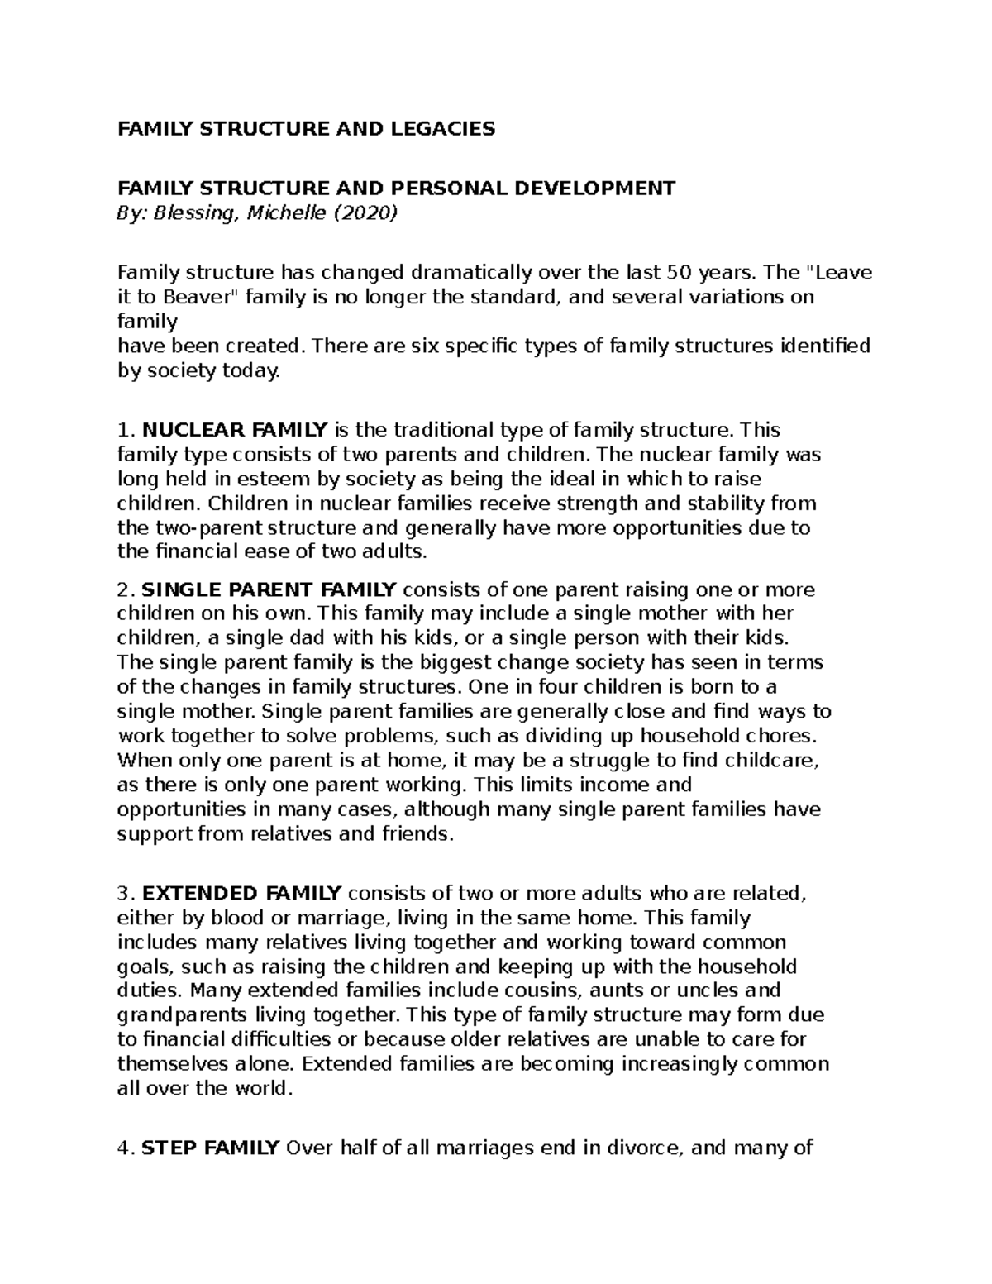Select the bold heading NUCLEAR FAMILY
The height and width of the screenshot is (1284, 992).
pyautogui.click(x=235, y=430)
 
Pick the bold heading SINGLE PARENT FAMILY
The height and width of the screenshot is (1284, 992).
pyautogui.click(x=269, y=590)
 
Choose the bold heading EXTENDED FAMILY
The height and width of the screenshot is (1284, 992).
pyautogui.click(x=241, y=894)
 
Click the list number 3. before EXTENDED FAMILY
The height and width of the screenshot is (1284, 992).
pyautogui.click(x=126, y=894)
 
